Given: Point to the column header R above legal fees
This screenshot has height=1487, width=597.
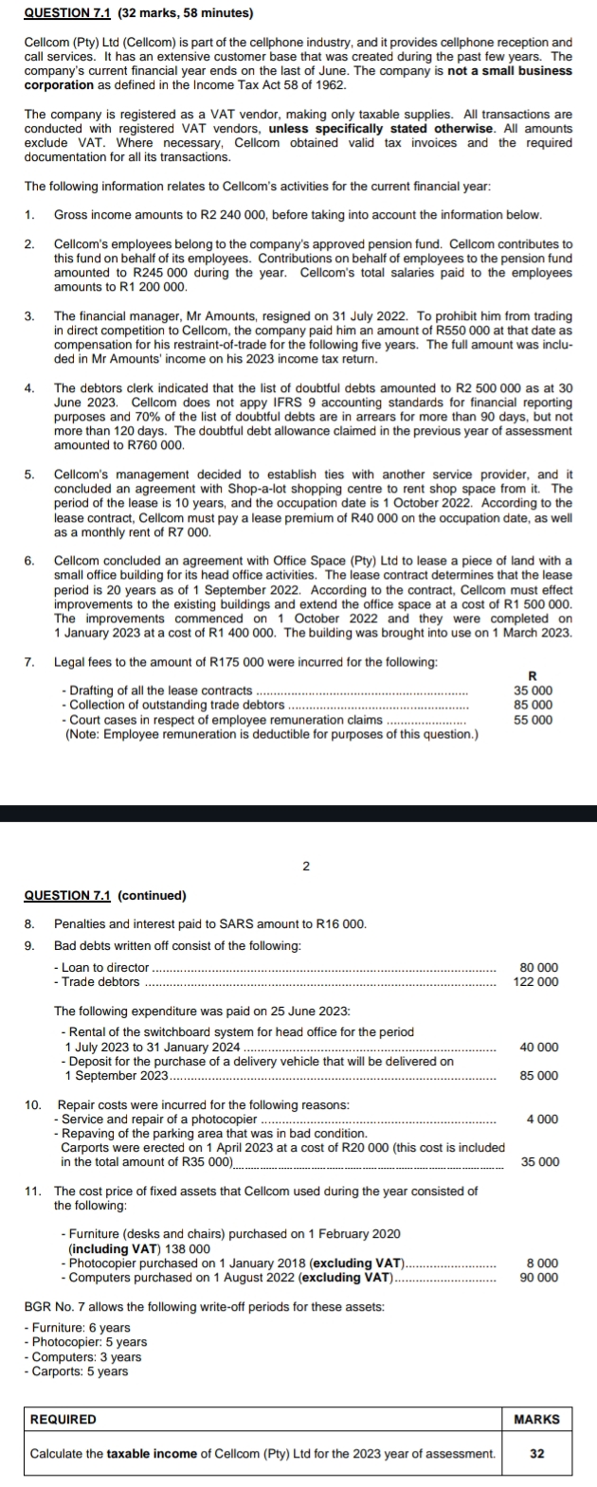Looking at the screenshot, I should [533, 674].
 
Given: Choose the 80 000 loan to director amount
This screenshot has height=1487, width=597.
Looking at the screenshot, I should [539, 967].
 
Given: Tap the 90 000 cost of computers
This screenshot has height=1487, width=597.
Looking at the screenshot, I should [539, 1277].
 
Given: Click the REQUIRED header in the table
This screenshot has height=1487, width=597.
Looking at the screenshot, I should [63, 1420].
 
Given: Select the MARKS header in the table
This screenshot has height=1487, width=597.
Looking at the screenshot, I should [536, 1420].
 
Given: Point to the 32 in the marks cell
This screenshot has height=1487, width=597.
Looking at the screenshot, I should [536, 1454].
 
